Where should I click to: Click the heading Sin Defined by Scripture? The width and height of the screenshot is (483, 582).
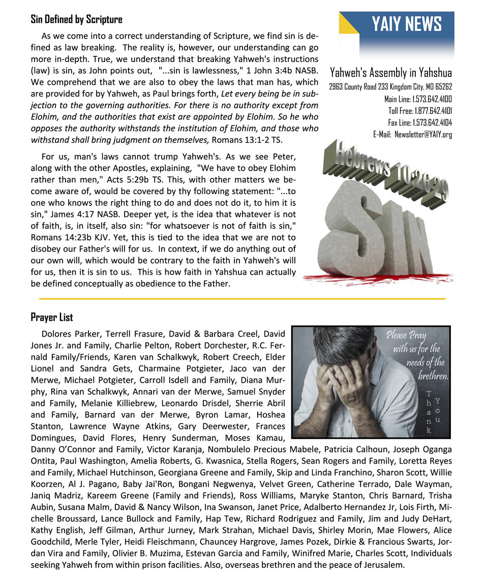[x=76, y=20]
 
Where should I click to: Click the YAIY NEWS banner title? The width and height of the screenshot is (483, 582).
[x=406, y=24]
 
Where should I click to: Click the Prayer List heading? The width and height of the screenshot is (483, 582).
[x=52, y=318]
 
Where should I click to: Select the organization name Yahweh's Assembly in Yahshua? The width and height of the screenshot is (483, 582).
[x=390, y=73]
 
